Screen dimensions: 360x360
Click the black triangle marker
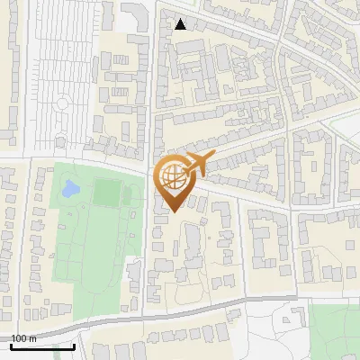click(181, 24)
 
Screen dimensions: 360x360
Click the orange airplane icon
click(198, 164)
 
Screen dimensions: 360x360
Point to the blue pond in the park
click(70, 190)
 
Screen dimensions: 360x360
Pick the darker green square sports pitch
click(107, 192)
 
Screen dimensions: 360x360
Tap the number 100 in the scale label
click(20, 338)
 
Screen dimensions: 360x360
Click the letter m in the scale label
click(32, 338)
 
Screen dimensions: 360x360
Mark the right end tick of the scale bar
click(74, 346)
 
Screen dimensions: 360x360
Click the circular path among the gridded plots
click(61, 103)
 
